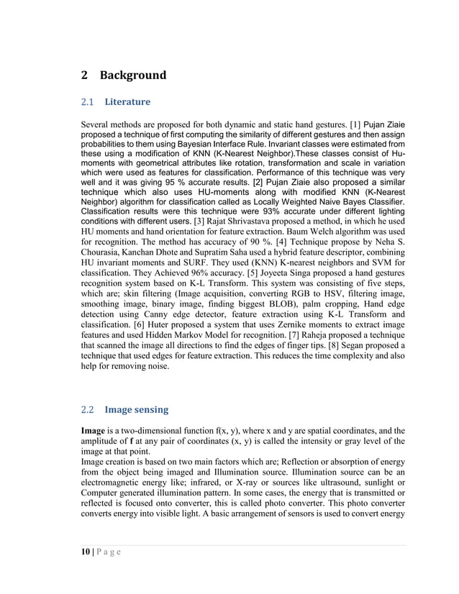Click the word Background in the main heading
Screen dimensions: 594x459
[x=132, y=76]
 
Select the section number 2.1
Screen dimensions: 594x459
[x=87, y=103]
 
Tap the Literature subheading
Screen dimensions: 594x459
[x=127, y=103]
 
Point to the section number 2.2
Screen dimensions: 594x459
[x=87, y=411]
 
